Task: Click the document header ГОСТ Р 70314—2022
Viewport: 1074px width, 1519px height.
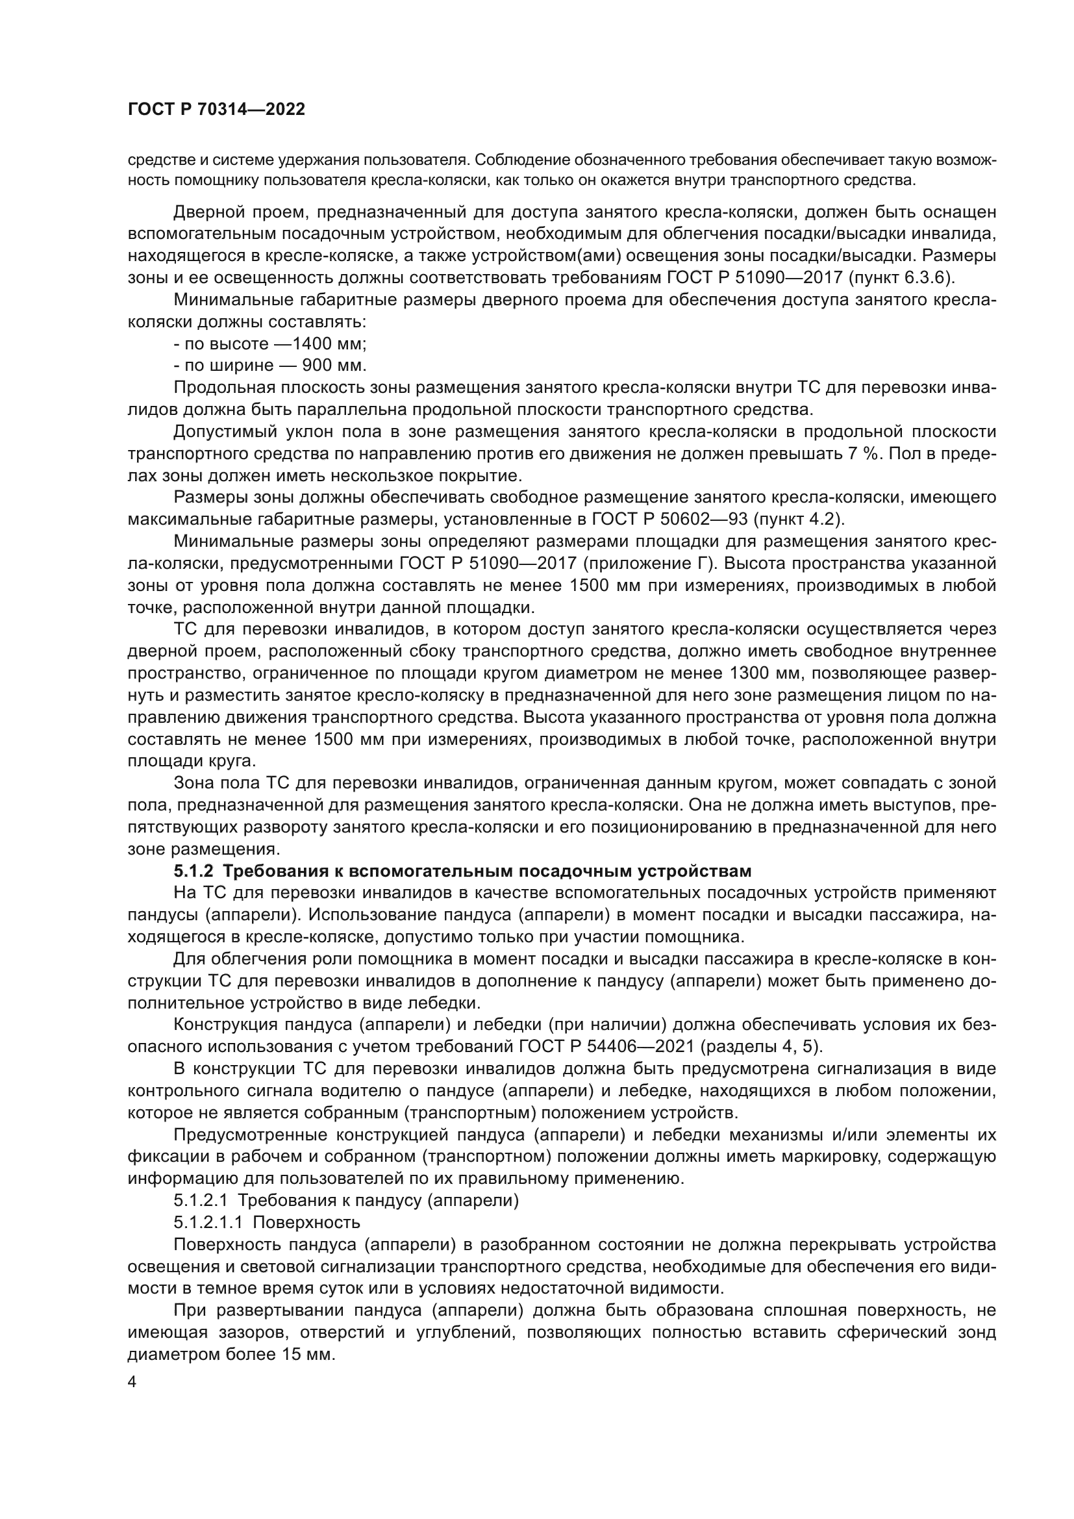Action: (x=216, y=110)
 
